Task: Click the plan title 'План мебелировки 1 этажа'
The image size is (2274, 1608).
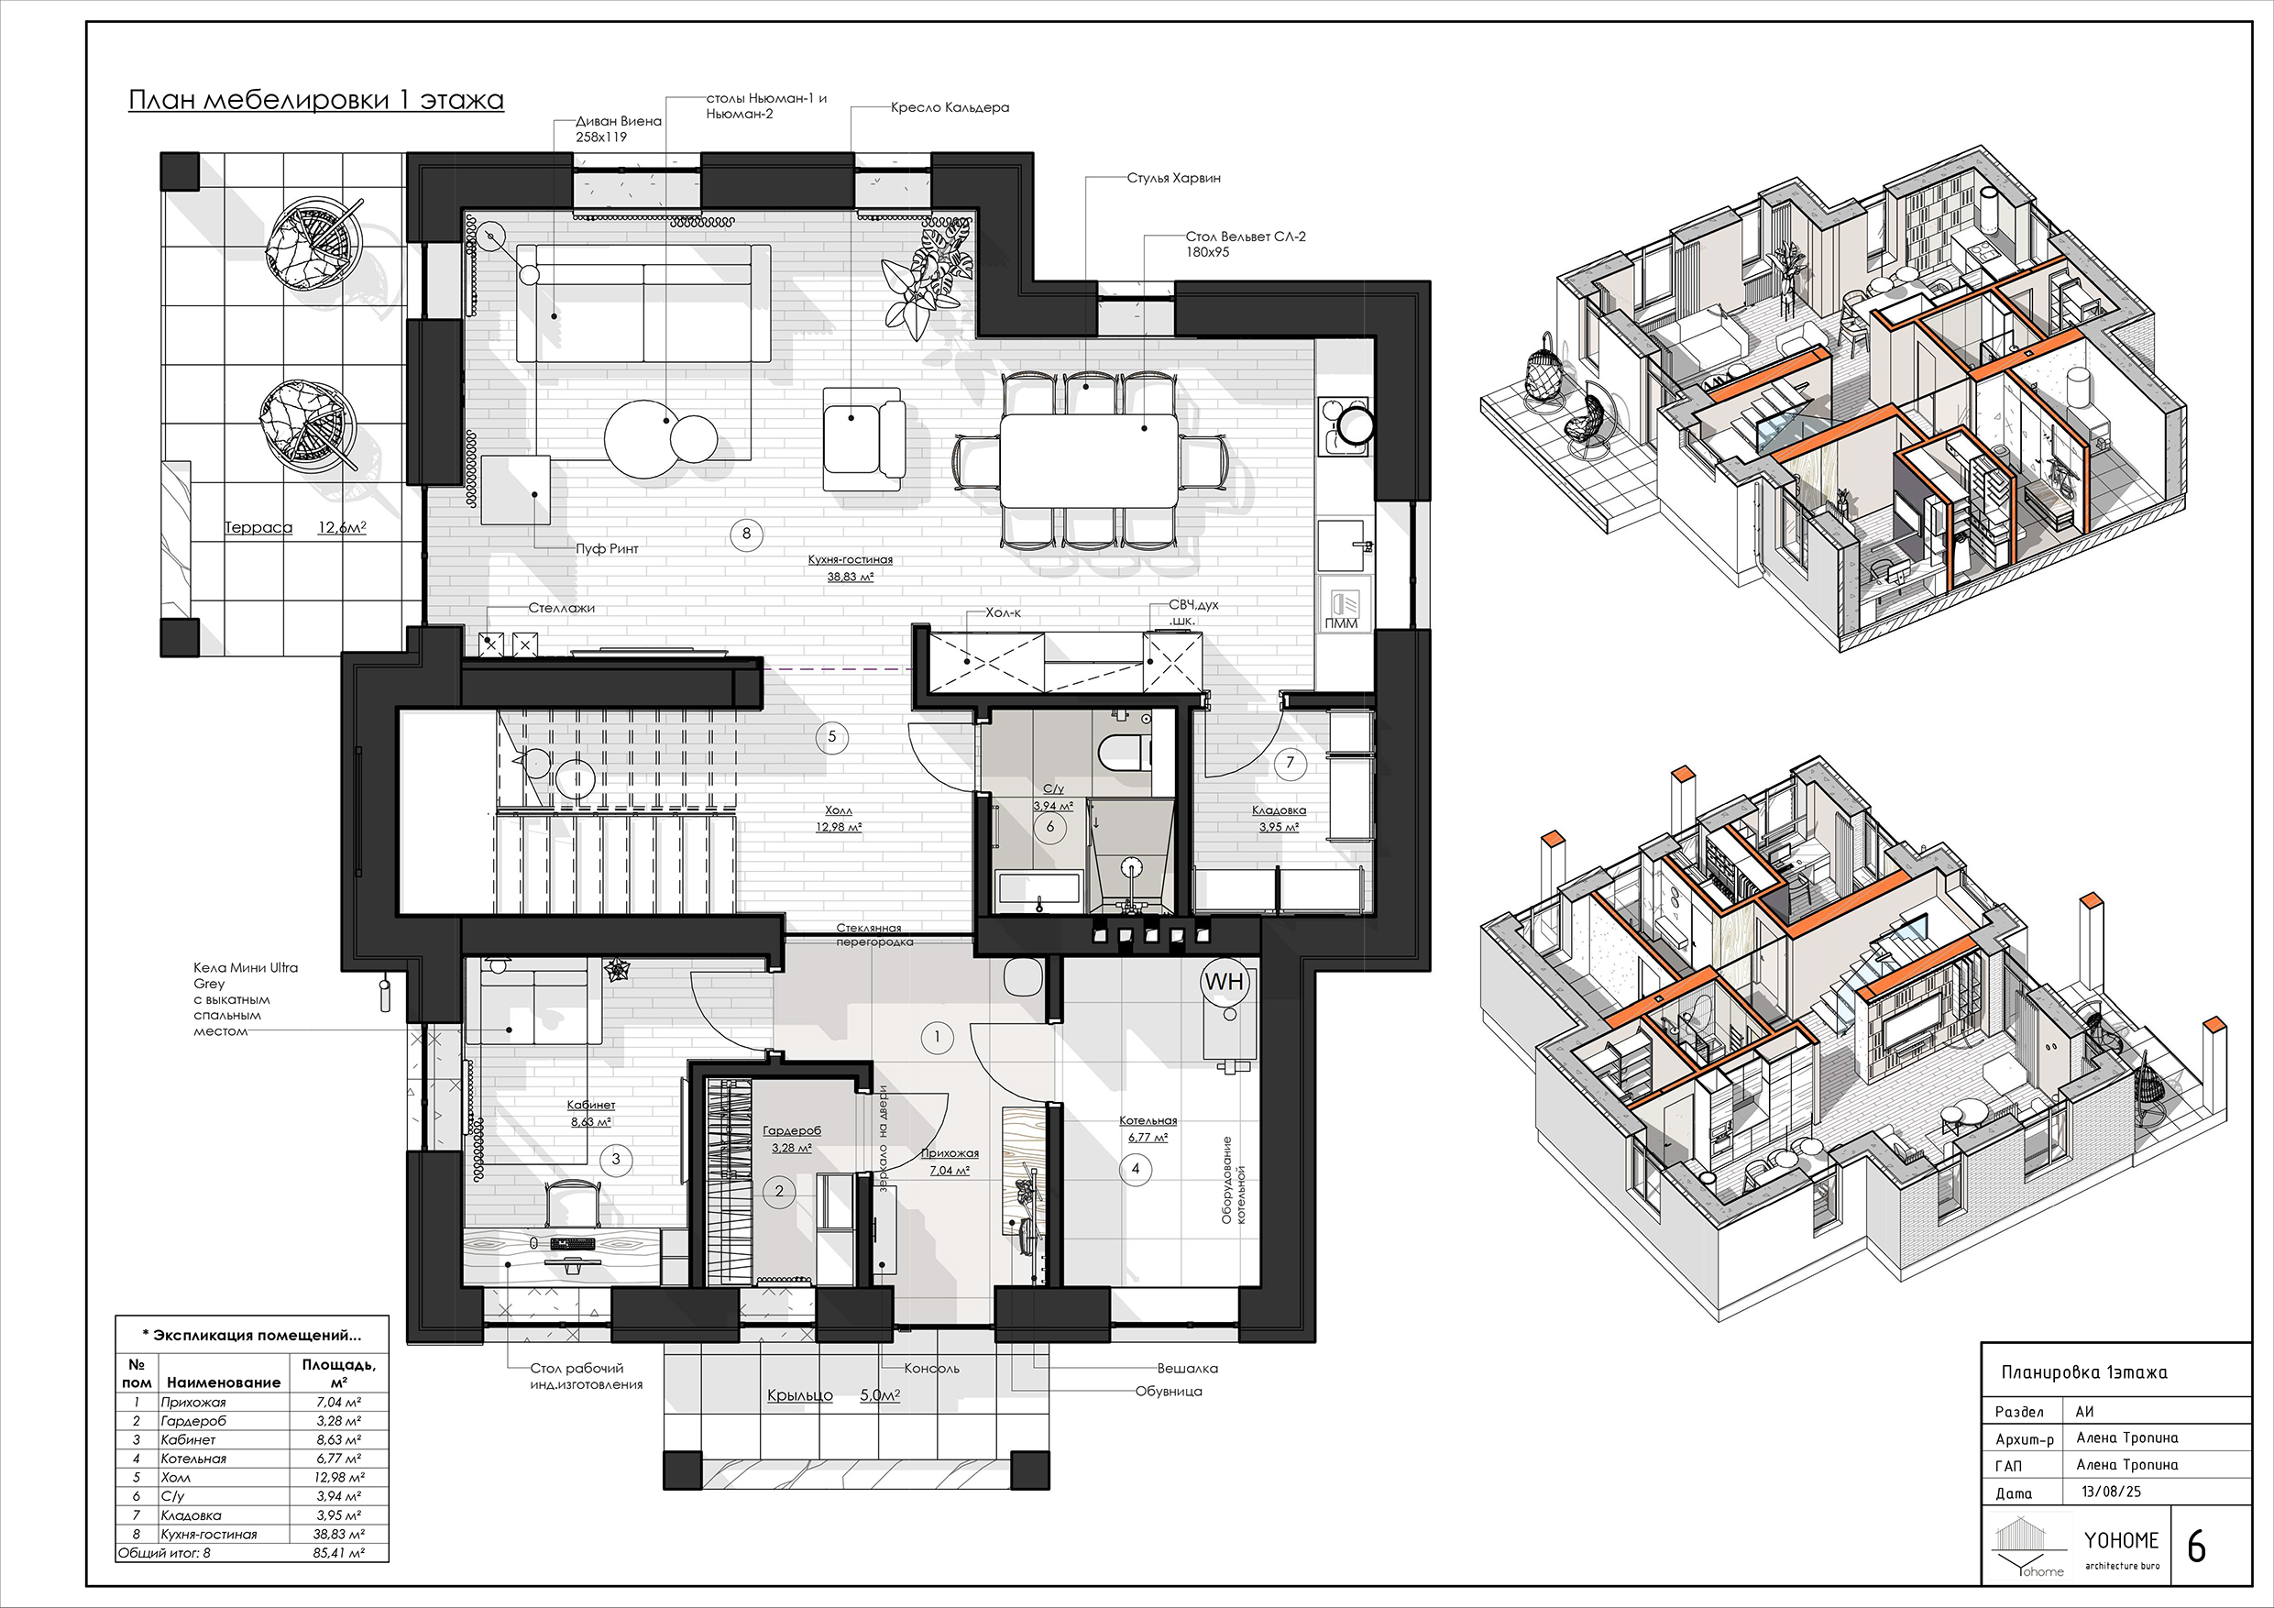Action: [316, 100]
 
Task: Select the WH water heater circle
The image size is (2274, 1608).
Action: [1225, 982]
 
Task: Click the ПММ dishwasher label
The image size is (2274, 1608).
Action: [1341, 623]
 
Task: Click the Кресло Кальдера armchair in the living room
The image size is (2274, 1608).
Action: [863, 437]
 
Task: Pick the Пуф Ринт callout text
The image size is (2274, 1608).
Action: [607, 548]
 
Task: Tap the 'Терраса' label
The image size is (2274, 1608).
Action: [258, 527]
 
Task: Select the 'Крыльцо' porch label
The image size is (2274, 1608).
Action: [800, 1395]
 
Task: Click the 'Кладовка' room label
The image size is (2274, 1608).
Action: [1279, 810]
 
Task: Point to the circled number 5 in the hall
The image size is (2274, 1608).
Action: [832, 736]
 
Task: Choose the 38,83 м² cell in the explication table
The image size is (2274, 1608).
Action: [339, 1534]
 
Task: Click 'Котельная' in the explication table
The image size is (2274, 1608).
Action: [193, 1459]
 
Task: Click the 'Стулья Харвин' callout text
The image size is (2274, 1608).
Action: [1173, 179]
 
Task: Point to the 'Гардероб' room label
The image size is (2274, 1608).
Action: [791, 1130]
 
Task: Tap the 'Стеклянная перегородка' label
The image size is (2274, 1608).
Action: [869, 935]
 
